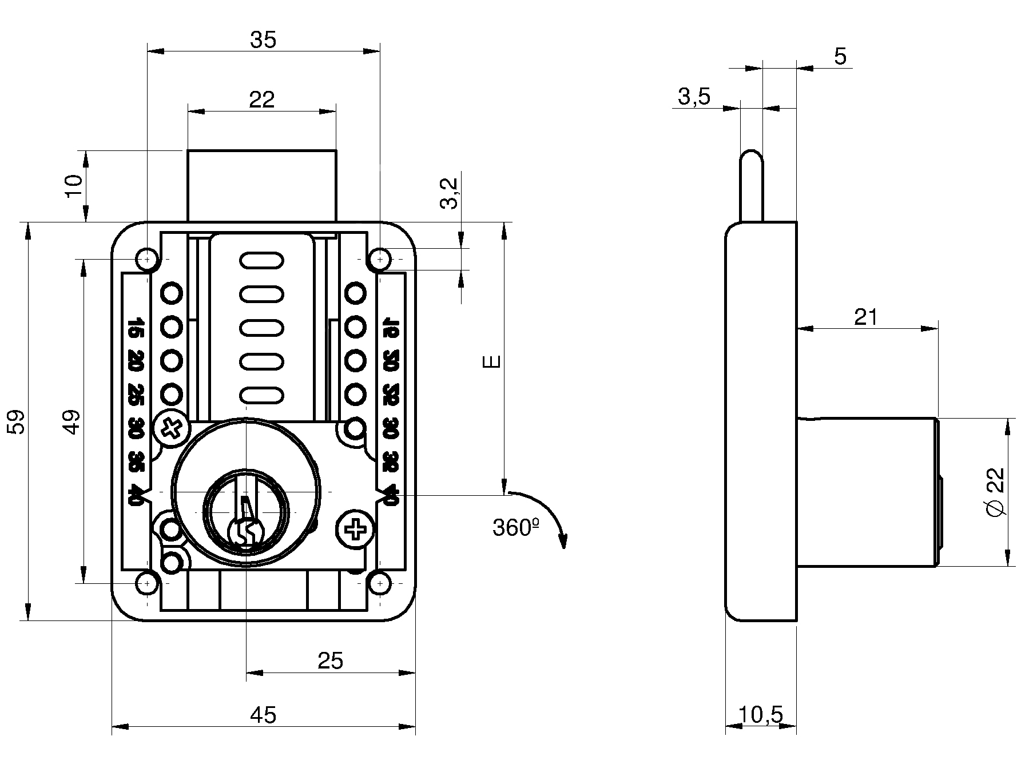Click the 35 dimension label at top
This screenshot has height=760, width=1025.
coord(263,40)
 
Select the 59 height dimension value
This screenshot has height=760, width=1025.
coord(18,421)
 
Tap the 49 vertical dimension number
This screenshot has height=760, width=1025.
coord(73,421)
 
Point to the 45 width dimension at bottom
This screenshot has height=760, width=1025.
coord(263,714)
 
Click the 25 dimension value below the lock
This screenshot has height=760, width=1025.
coord(330,660)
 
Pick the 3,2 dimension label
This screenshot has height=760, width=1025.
coord(450,193)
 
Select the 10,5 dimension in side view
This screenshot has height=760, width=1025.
coord(760,714)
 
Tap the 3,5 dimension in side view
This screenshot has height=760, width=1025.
coord(694,97)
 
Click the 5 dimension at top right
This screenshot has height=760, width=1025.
coord(840,57)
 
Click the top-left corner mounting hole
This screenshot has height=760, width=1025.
coord(147,259)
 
